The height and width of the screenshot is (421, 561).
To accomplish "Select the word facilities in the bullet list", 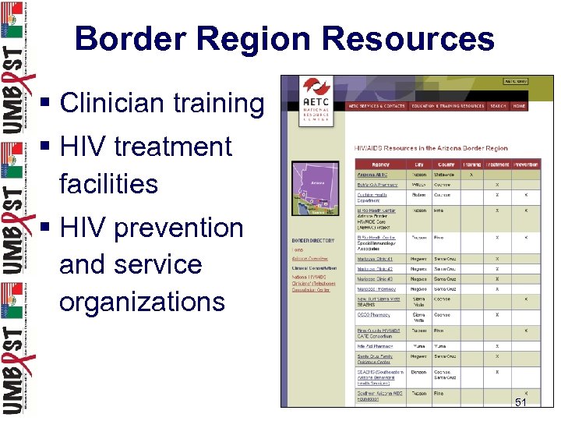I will pos(108,184).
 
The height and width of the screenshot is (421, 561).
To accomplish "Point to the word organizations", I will pos(142,301).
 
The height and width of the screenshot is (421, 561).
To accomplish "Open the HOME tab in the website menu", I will pos(519,106).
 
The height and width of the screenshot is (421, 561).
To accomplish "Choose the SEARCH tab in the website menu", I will pos(498,106).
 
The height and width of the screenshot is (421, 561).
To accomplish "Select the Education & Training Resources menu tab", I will pos(448,106).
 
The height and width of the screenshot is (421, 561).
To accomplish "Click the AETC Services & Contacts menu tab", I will pos(376,106).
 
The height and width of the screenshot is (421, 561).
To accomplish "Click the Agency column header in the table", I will pos(380,165).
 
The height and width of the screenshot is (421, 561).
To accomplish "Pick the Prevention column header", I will pos(526,165).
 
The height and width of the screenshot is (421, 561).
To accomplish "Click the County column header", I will pos(446,165).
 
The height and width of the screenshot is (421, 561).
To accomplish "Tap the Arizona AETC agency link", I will pos(372,175).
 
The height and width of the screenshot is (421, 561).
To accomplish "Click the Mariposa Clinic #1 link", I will pos(375,259).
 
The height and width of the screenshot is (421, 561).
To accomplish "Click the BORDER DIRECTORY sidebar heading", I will pos(313,241).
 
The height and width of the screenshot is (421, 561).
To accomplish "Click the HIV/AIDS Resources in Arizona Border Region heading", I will pos(430,147).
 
